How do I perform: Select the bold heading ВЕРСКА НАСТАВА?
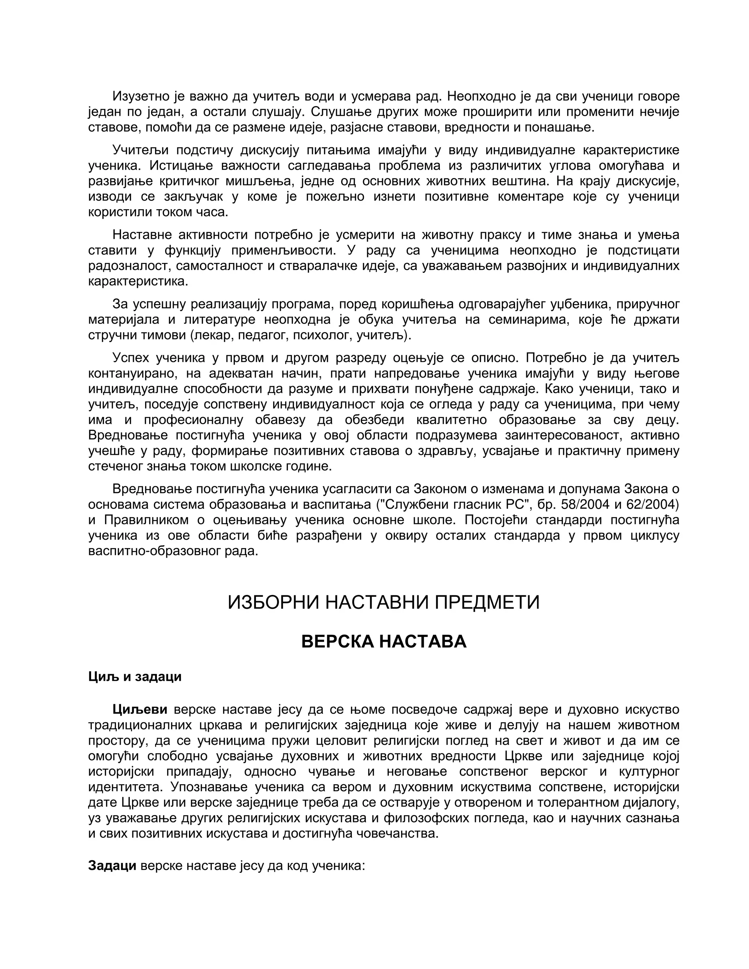[x=383, y=642]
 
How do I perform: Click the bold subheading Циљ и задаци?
[x=135, y=676]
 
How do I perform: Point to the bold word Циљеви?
[x=140, y=709]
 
